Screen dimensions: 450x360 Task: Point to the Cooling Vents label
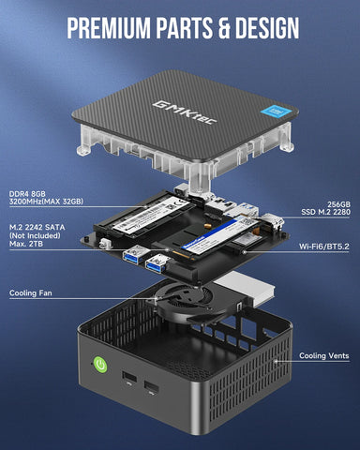click(x=325, y=355)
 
